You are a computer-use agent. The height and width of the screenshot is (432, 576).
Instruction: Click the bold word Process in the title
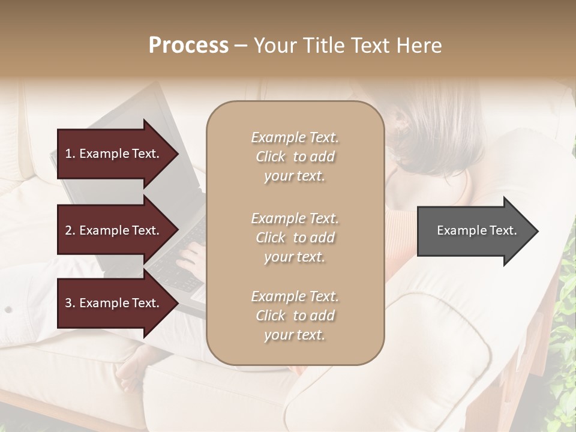(188, 46)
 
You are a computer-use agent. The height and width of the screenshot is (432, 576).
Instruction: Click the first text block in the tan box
(295, 157)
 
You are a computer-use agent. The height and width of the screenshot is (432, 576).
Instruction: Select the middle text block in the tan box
(295, 238)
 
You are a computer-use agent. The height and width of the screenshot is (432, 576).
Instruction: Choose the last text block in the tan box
(295, 316)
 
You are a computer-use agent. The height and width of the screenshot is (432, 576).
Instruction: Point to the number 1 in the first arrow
(68, 154)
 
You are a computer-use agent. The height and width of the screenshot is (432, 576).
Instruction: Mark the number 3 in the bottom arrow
(68, 304)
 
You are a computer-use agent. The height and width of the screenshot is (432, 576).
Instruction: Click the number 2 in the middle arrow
(68, 231)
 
